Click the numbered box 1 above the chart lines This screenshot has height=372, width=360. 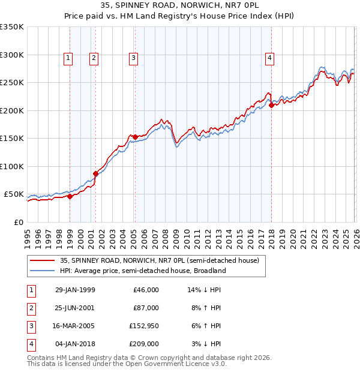69,58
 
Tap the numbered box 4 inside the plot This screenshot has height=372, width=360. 270,58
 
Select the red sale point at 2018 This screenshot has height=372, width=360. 271,106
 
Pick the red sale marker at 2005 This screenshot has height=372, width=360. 135,137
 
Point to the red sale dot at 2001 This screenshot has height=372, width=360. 95,173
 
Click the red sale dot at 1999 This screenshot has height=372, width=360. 70,196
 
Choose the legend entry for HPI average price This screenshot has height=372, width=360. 142,271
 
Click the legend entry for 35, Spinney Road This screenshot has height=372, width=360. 159,260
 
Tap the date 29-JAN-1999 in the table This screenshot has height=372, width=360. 75,290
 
